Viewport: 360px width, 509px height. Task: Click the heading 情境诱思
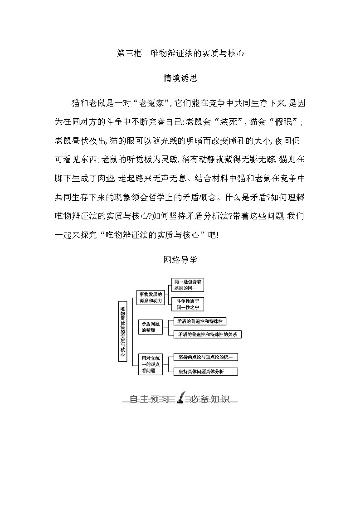pos(180,78)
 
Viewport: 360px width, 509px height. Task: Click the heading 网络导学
pos(180,260)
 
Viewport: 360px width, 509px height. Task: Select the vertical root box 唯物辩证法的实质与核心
pos(122,331)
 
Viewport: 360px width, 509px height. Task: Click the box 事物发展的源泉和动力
pos(150,298)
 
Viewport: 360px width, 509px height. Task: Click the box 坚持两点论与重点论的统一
pos(205,357)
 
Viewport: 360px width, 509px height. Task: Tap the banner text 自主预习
pos(149,399)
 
